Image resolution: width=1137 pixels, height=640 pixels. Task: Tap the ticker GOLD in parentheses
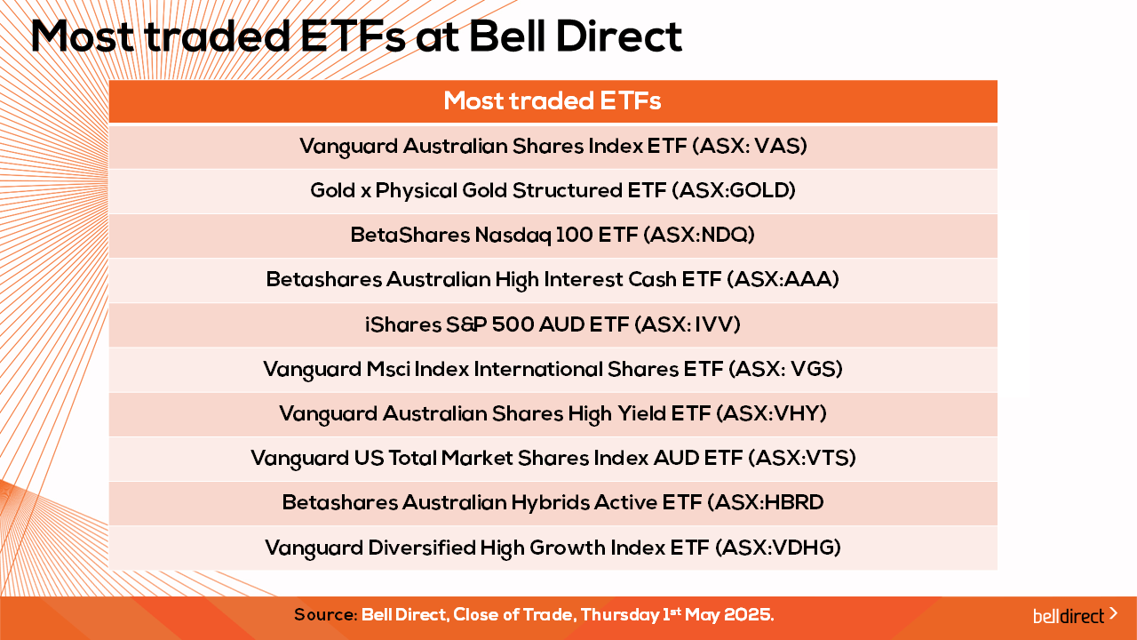pos(759,190)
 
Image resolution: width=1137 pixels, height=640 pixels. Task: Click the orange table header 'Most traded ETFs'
pos(553,101)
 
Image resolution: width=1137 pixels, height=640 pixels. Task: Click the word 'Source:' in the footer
pos(326,615)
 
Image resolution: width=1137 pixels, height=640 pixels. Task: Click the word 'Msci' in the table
pos(388,369)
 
